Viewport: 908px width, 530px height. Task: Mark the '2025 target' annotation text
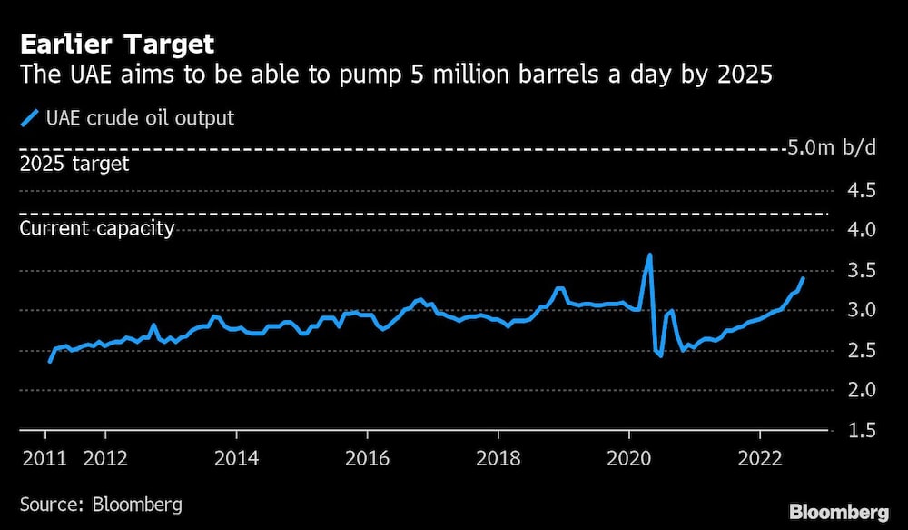pos(74,165)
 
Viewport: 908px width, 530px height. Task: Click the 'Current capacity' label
pos(97,228)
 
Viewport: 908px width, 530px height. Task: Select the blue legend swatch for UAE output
pos(30,118)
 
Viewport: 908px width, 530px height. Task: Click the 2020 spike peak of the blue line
pos(649,255)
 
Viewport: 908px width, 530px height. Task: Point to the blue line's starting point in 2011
pos(49,362)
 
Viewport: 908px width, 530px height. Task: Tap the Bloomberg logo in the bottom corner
pos(839,511)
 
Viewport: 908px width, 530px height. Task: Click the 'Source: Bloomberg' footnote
pos(101,503)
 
